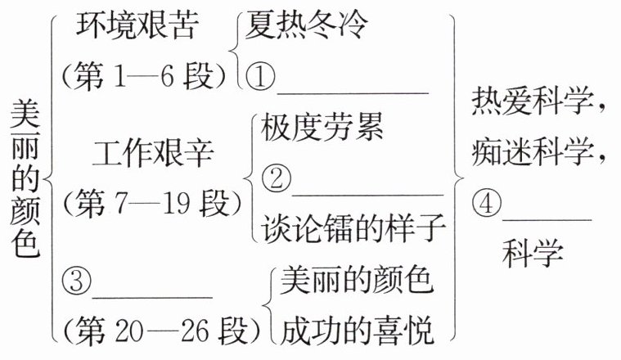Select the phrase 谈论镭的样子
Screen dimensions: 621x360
[353, 228]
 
